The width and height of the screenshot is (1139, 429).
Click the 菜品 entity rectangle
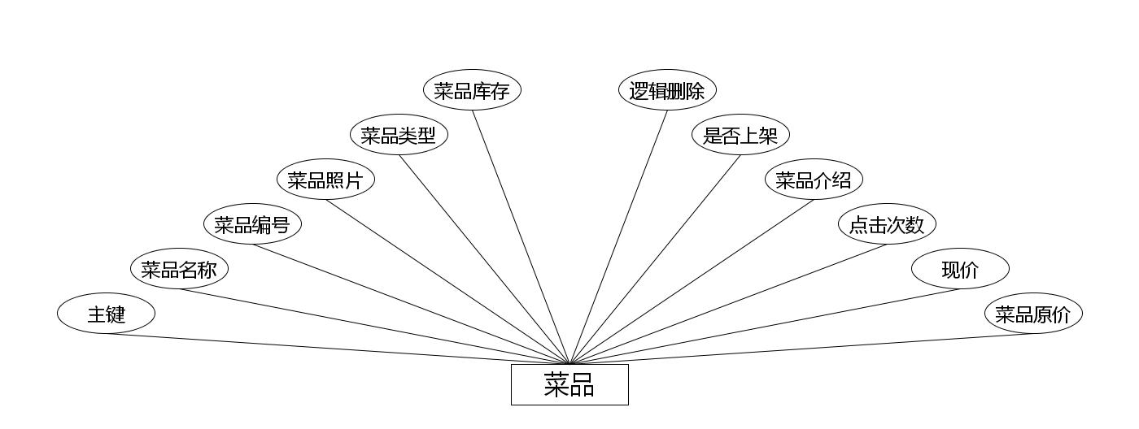point(569,384)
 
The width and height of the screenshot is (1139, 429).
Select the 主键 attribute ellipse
point(106,314)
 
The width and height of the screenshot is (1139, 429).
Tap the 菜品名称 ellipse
point(179,269)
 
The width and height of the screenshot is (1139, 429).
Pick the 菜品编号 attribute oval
point(252,224)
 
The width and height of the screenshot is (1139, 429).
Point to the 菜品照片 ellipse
point(325,180)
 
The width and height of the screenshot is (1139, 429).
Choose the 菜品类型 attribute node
point(399,135)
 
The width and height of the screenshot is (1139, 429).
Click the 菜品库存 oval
point(472,90)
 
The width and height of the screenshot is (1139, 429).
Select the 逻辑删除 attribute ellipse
point(667,90)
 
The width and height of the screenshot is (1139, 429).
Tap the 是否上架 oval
point(740,135)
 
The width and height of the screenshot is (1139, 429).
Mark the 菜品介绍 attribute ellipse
point(814,180)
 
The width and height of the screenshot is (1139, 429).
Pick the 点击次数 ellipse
point(887,224)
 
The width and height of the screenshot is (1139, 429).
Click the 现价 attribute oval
point(960,269)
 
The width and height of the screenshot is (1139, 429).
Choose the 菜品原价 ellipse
point(1033,314)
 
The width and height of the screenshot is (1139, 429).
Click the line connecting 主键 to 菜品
point(338,349)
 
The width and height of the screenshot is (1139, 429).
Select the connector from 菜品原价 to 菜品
point(801,349)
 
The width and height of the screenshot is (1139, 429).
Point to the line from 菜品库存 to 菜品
point(521,237)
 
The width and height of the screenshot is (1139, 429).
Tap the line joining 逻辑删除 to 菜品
point(618,237)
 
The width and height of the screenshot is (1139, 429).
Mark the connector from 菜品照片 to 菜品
point(447,282)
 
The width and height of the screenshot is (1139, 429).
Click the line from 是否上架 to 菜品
point(655,259)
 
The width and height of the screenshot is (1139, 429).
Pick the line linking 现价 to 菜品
point(765,327)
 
